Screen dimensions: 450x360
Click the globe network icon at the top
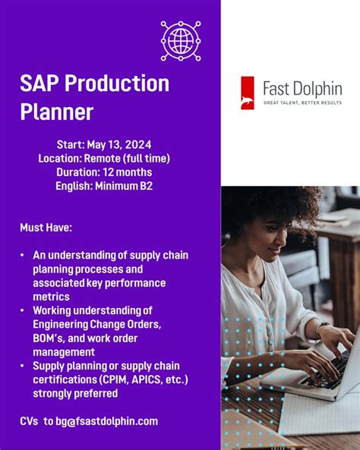point(181,41)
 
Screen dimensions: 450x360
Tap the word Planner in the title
point(57,112)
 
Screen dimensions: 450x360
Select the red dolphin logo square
point(248,93)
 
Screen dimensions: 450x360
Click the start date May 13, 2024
point(122,144)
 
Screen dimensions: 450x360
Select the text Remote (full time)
point(128,158)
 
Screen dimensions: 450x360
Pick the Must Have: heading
point(46,227)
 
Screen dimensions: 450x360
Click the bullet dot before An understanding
point(23,256)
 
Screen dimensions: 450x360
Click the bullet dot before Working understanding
point(23,310)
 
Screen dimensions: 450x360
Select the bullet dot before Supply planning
point(23,366)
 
